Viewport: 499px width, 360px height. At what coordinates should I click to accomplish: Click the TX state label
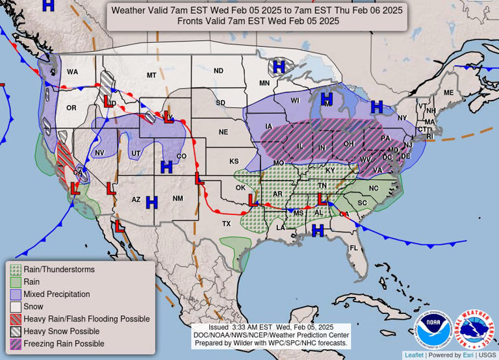(226, 224)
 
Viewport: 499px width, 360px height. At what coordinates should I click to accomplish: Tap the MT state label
(151, 75)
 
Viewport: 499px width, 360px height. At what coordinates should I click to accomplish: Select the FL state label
(354, 248)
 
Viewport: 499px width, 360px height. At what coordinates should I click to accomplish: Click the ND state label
(218, 71)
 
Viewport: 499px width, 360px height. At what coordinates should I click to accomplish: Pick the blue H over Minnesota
(279, 66)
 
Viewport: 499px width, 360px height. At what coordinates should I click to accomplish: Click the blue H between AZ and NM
(152, 202)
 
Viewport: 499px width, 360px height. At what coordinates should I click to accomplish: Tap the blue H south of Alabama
(318, 230)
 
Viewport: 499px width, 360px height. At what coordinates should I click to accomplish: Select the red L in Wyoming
(169, 118)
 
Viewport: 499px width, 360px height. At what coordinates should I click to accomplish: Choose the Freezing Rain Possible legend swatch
(15, 344)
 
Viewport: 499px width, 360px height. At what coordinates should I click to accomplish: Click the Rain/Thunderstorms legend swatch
(15, 270)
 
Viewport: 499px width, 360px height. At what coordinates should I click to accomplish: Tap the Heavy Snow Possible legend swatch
(15, 331)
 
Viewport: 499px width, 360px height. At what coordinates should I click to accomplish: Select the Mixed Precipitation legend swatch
(15, 294)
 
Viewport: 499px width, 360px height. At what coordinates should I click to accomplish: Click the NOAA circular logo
(433, 329)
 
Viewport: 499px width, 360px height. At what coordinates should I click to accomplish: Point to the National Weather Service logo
(474, 329)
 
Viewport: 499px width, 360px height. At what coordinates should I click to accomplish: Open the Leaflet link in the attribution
(413, 355)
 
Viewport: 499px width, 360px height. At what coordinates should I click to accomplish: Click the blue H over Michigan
(326, 99)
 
